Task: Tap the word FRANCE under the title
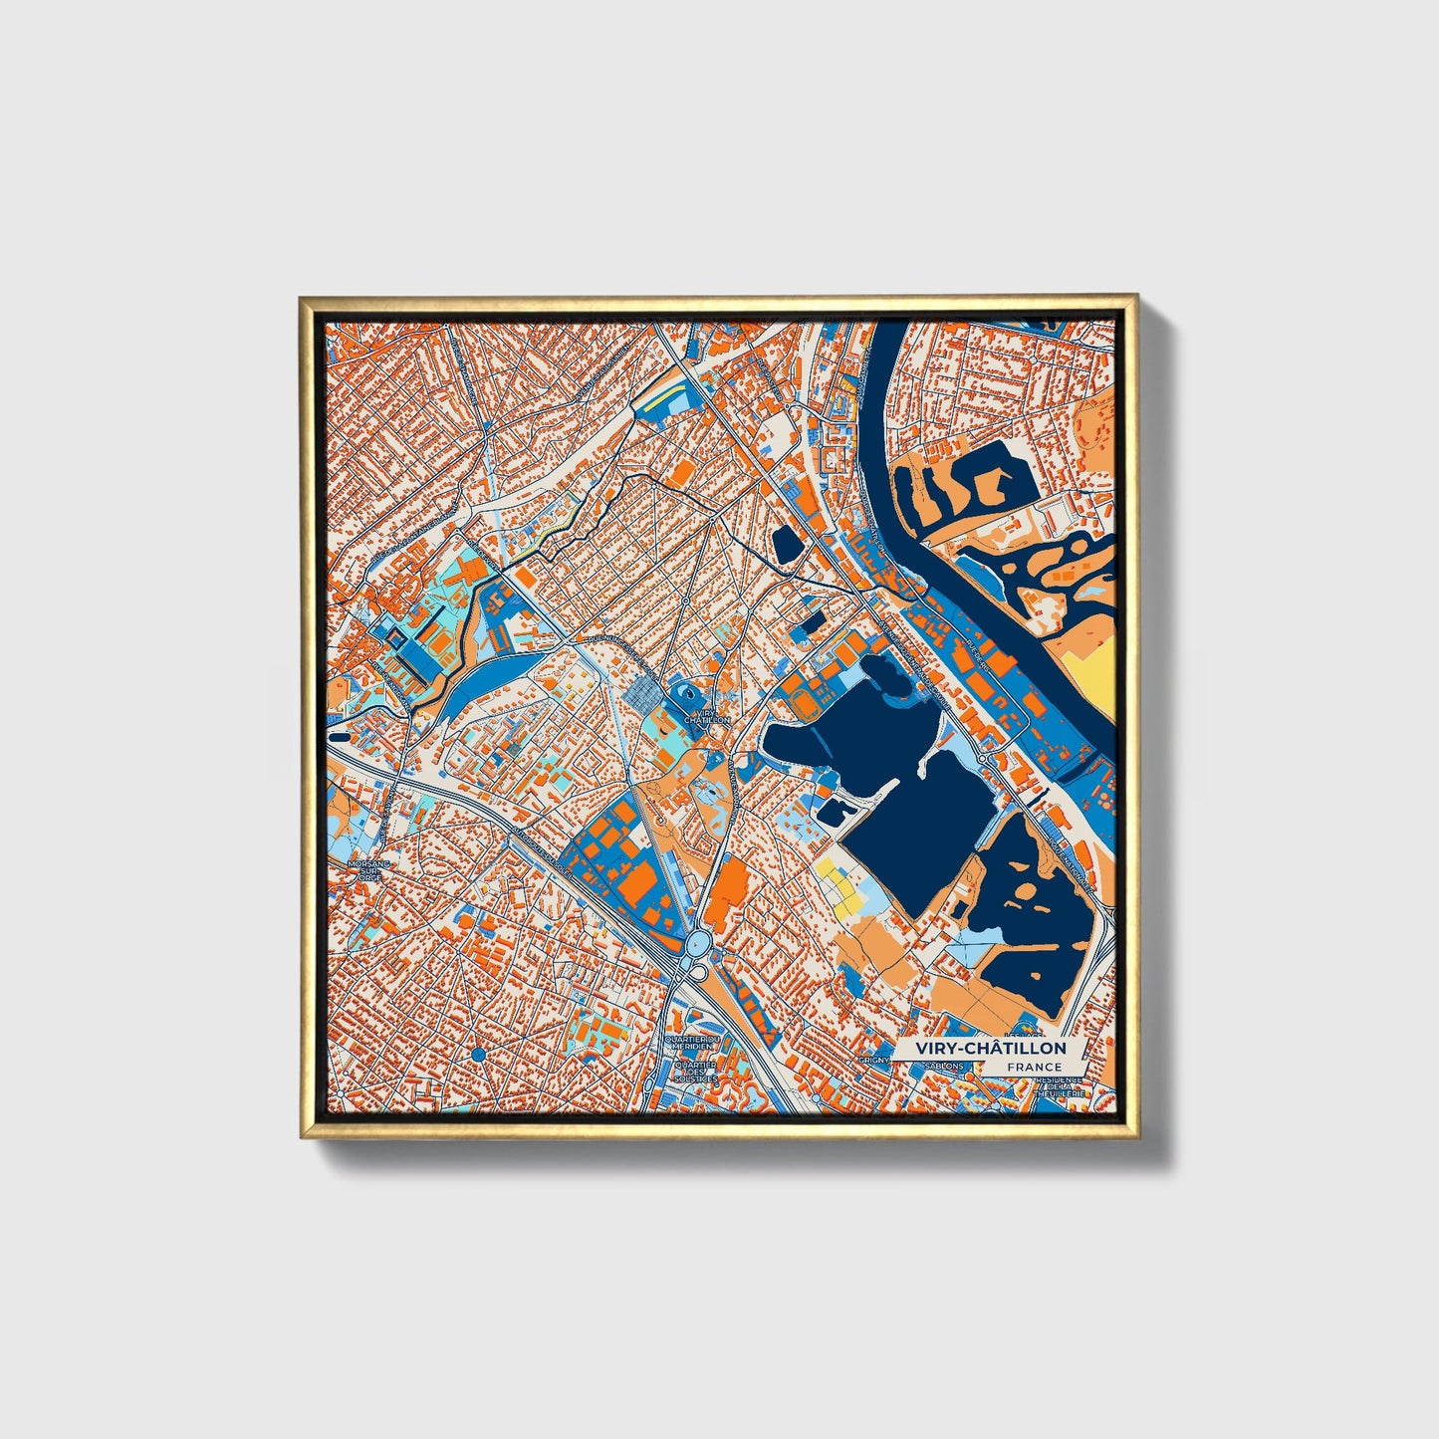[x=1034, y=1068]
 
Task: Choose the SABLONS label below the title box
[x=944, y=1066]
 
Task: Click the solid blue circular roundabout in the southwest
[x=478, y=1054]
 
